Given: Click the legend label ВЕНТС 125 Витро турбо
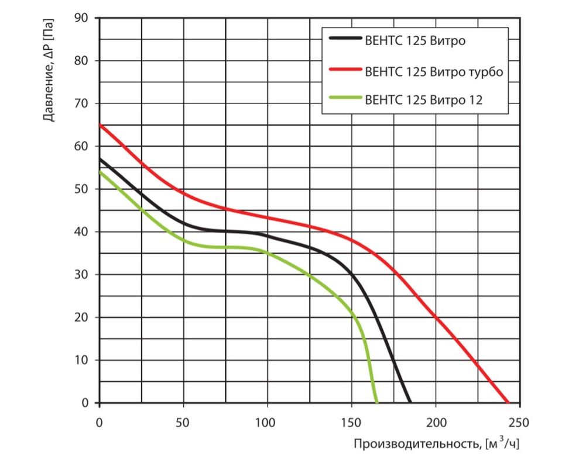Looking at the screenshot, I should tap(434, 72).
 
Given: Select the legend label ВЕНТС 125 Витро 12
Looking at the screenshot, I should tap(423, 100).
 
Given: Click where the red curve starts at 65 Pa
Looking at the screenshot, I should tap(100, 125).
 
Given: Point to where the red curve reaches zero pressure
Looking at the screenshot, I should tap(508, 403).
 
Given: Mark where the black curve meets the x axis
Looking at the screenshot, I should tap(410, 403).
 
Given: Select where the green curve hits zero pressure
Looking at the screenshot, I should tap(376, 403).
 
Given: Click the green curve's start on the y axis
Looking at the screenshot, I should tap(100, 172).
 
